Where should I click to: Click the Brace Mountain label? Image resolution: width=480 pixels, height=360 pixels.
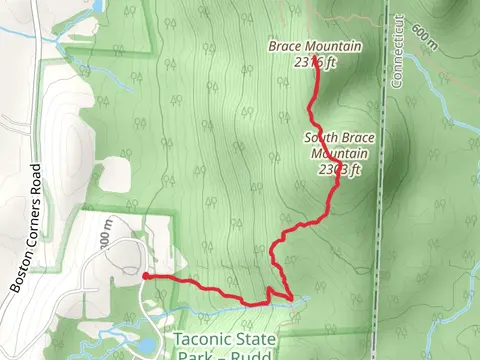point(314,46)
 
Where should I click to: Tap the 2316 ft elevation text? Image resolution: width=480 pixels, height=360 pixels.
point(315,60)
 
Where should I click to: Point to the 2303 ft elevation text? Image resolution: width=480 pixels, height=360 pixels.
point(339,169)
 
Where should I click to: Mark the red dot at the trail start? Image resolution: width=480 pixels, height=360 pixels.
point(146,276)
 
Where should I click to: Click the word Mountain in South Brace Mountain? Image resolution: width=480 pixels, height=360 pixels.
point(339,154)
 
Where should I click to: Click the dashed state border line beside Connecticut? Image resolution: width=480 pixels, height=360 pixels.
point(383,200)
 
